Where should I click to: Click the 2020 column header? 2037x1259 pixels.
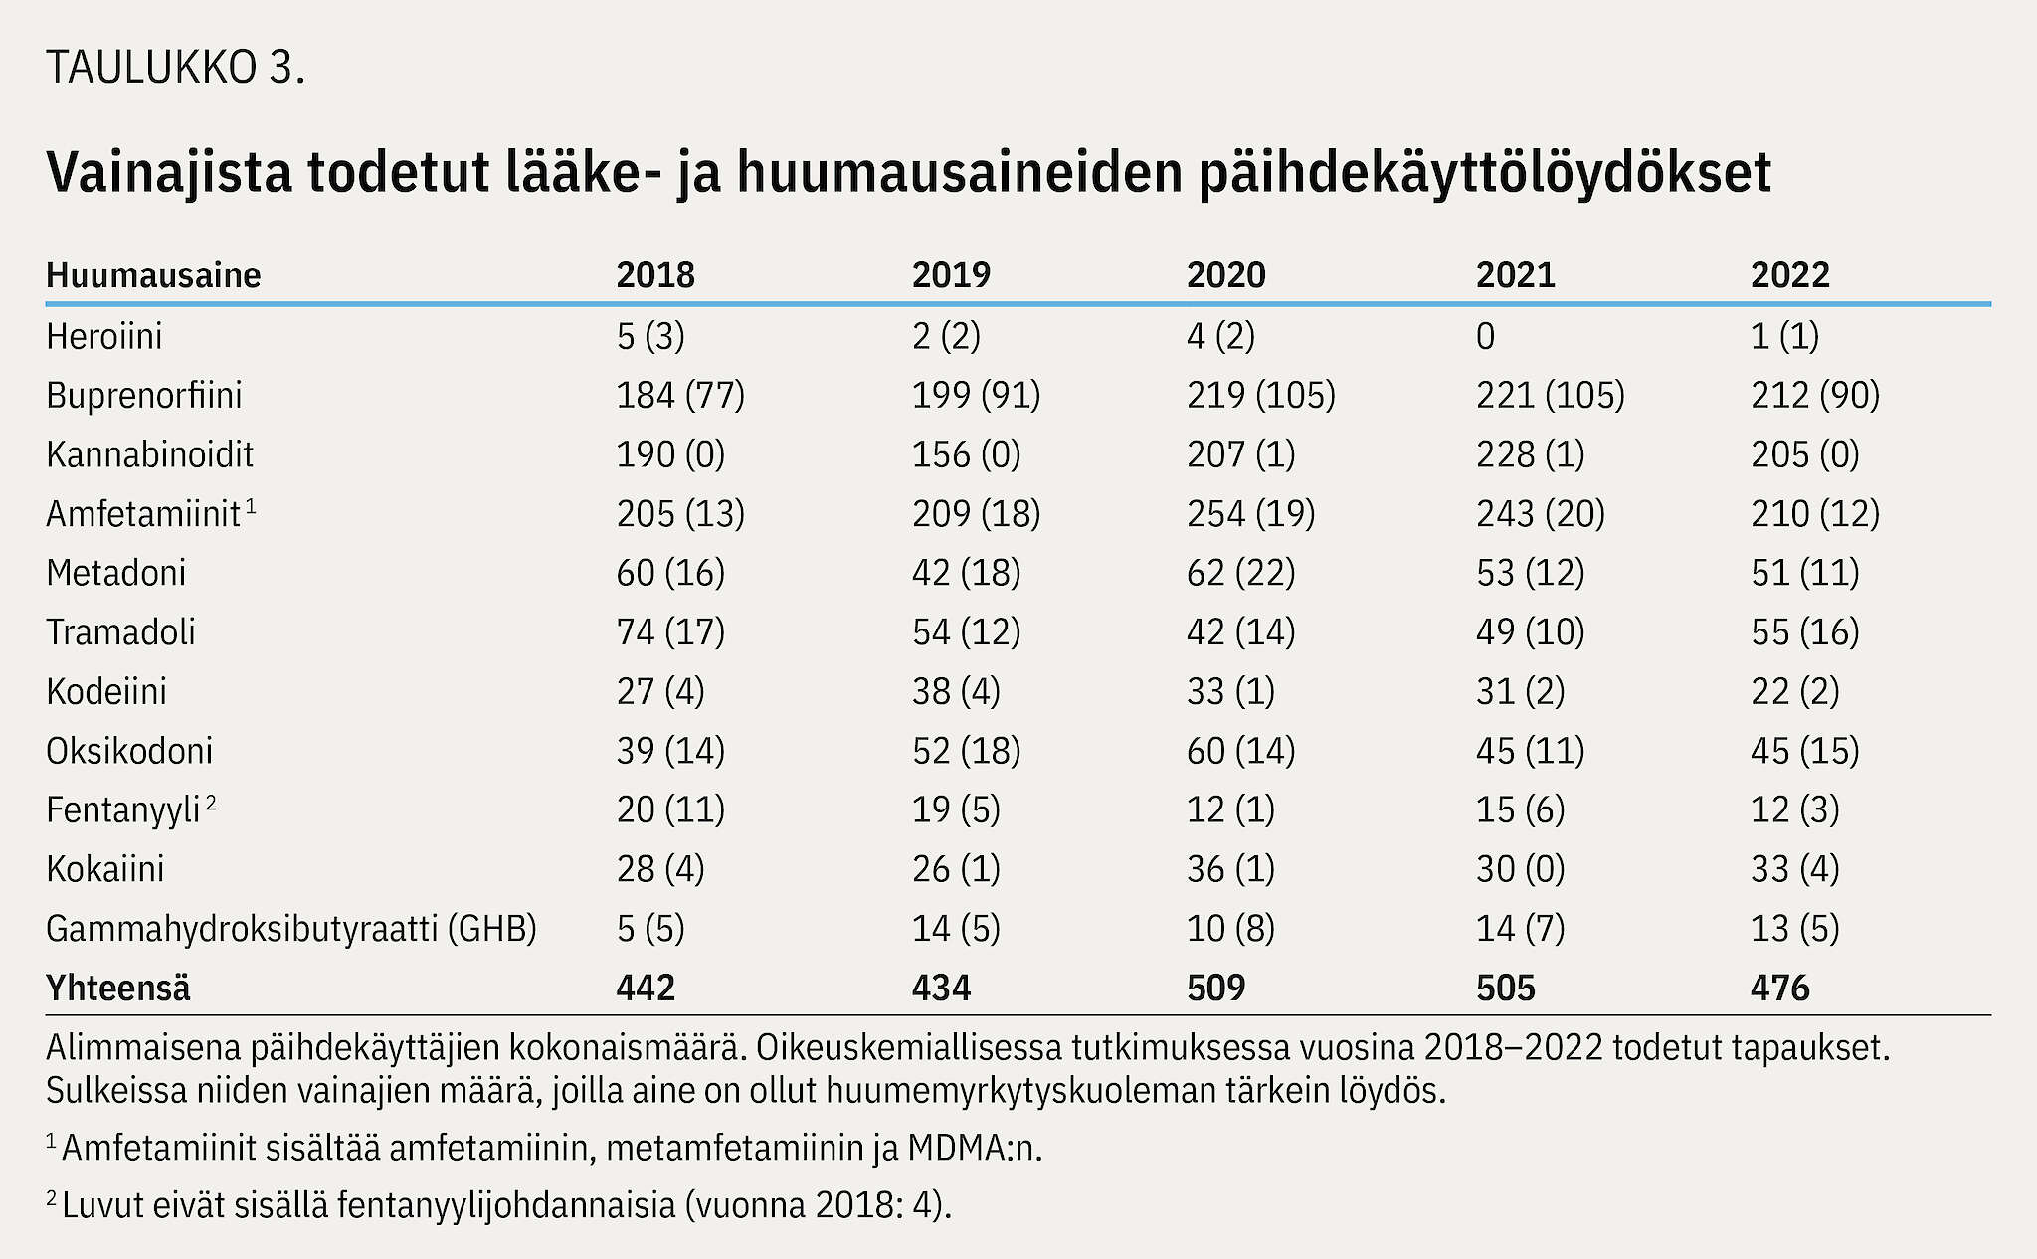[x=1225, y=274]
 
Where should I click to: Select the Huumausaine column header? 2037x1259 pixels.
[x=153, y=274]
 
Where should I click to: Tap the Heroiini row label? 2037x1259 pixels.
[x=104, y=336]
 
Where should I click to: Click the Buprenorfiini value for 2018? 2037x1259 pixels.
[x=680, y=396]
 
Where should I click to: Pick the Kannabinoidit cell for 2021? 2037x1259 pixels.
[x=1530, y=454]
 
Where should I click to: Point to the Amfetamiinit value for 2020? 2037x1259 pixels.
[x=1251, y=514]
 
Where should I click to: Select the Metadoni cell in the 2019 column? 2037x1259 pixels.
[x=966, y=573]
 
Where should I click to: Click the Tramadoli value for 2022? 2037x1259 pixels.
[x=1805, y=632]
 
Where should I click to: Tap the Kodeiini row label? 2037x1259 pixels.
[x=106, y=691]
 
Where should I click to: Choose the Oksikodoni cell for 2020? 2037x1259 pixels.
[x=1241, y=751]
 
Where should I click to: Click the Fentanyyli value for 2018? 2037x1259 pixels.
[x=670, y=809]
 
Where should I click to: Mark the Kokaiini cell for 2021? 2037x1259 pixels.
[x=1520, y=869]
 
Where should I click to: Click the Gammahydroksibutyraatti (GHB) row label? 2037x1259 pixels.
[x=291, y=929]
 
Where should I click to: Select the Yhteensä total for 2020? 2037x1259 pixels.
[x=1215, y=988]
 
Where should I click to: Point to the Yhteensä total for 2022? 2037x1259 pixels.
[x=1780, y=988]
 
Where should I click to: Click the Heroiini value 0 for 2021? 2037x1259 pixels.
[x=1485, y=337]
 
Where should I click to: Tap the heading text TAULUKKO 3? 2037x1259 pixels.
[x=175, y=68]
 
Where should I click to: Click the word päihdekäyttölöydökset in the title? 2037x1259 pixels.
[x=1485, y=173]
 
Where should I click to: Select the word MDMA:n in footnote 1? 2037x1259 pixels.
[x=975, y=1149]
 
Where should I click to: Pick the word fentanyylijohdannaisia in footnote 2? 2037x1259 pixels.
[x=506, y=1205]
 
